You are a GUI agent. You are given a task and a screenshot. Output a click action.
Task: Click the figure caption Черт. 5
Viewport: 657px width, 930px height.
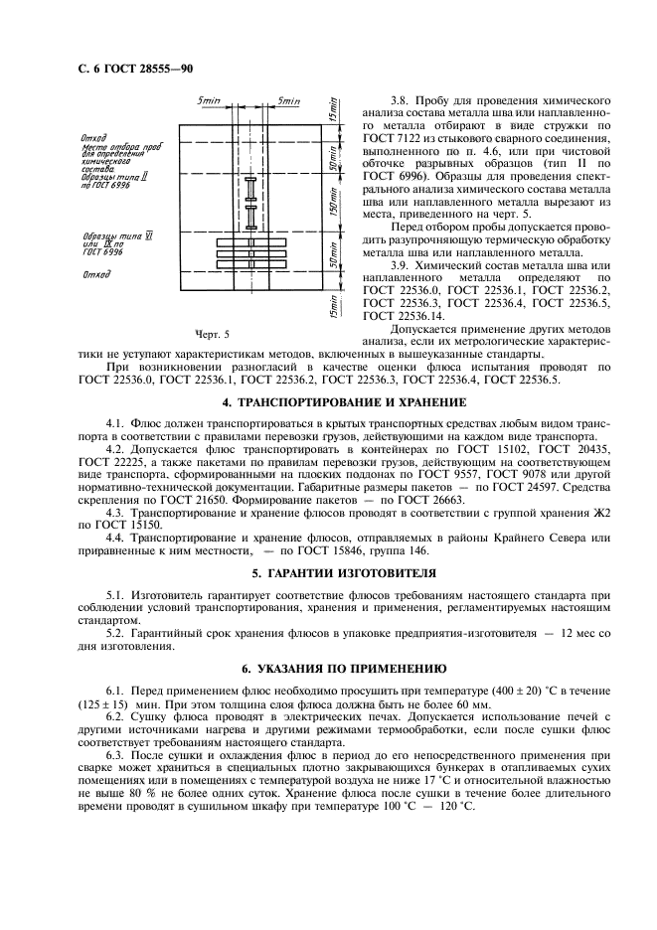tap(213, 334)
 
